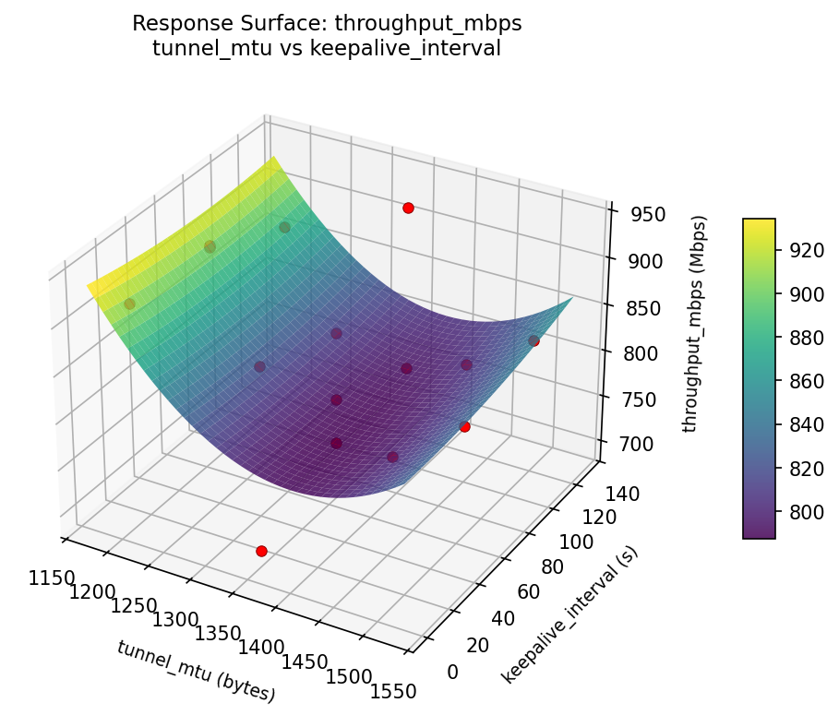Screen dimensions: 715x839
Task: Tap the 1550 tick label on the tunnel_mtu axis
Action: tap(392, 690)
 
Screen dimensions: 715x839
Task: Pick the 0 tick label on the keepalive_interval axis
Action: tap(452, 672)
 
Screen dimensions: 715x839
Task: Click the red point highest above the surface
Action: tap(408, 209)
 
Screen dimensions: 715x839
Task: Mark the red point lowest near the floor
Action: tap(261, 551)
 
